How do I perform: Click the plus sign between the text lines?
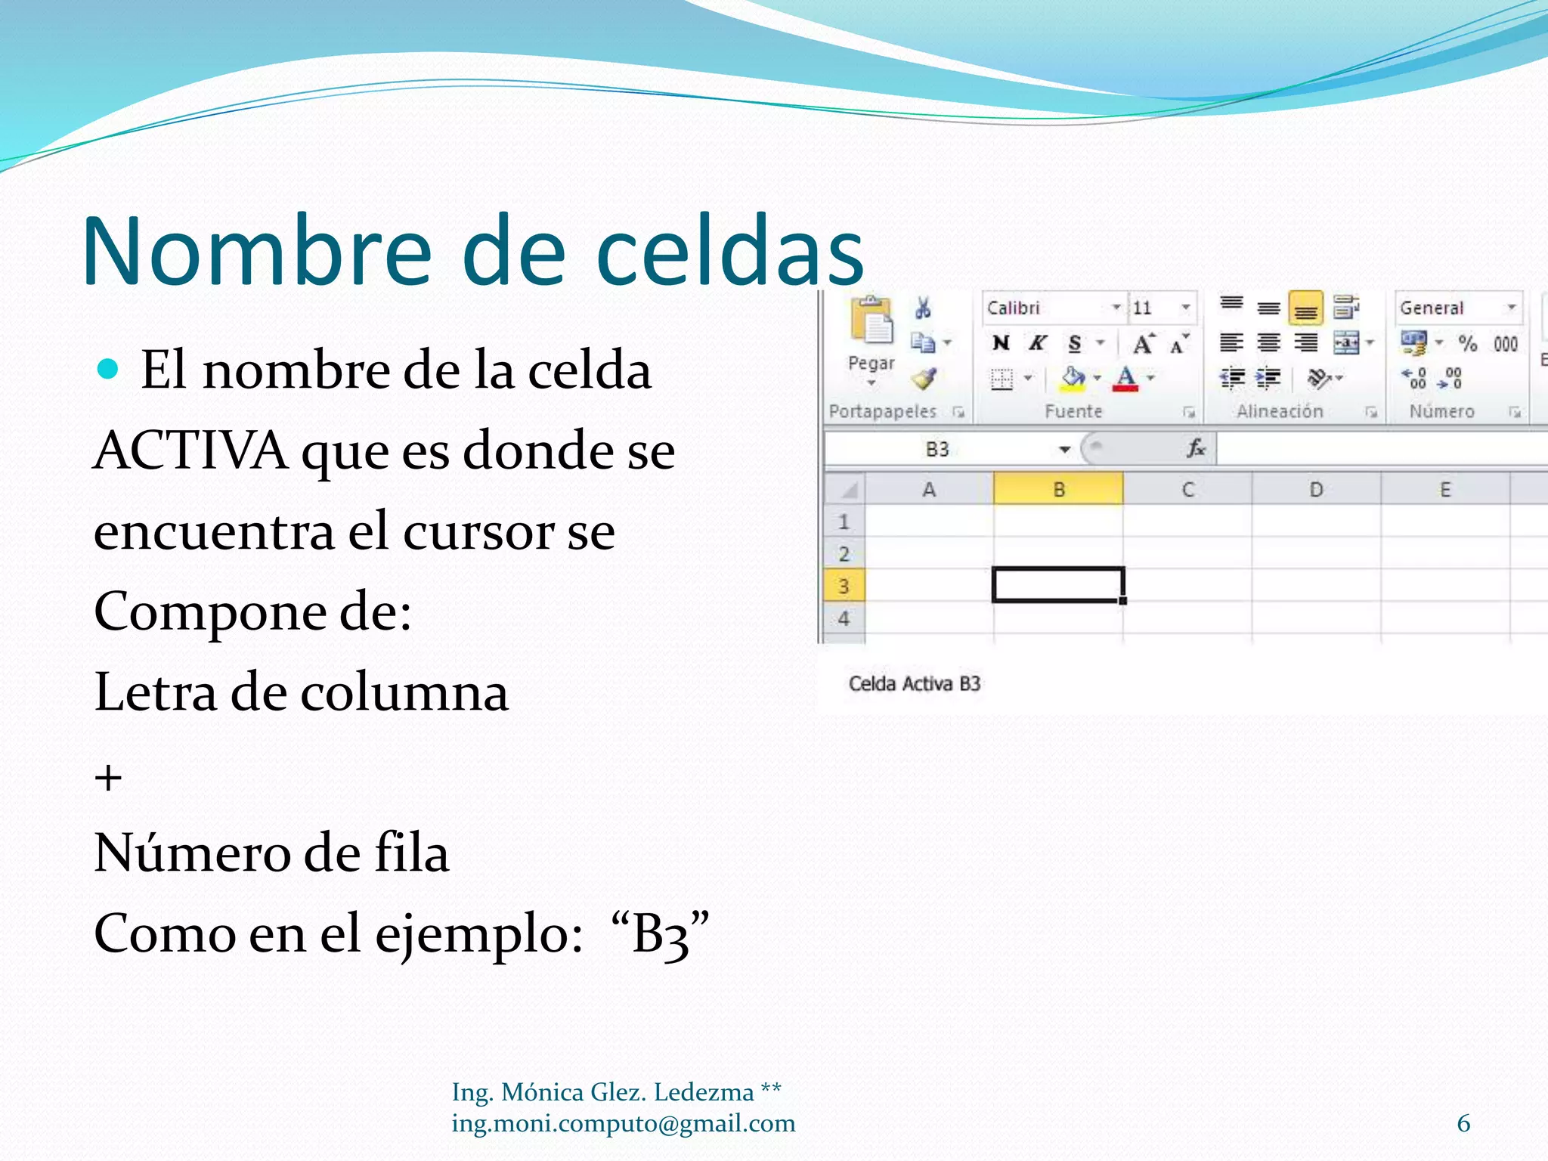(x=108, y=778)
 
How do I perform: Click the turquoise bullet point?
(x=109, y=369)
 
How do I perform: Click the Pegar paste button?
(x=872, y=336)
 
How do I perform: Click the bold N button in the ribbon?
(x=1001, y=343)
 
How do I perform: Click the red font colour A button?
(x=1125, y=378)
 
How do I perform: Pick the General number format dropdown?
(x=1457, y=308)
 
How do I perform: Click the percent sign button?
(x=1467, y=344)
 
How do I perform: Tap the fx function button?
(x=1195, y=449)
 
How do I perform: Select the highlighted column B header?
(x=1058, y=490)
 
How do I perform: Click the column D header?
(x=1316, y=490)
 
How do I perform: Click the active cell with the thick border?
(x=1058, y=585)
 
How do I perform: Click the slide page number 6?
(x=1463, y=1123)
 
